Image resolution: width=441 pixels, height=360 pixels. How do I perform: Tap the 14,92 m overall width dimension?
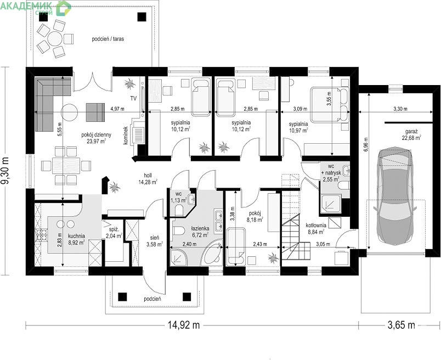pyautogui.click(x=184, y=325)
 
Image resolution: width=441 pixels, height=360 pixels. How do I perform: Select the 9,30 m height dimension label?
pyautogui.click(x=5, y=171)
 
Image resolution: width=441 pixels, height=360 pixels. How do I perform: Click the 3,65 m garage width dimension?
pyautogui.click(x=401, y=325)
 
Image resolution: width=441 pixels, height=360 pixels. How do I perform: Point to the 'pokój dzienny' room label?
pyautogui.click(x=96, y=135)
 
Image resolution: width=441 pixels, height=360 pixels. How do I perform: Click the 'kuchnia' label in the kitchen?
pyautogui.click(x=76, y=236)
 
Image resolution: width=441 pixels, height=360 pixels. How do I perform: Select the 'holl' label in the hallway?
pyautogui.click(x=148, y=176)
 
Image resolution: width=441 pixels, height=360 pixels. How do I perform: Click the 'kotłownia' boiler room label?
pyautogui.click(x=316, y=225)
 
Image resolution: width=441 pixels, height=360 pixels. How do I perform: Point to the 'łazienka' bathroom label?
pyautogui.click(x=200, y=228)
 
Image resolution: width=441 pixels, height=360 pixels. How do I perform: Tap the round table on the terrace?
pyautogui.click(x=54, y=38)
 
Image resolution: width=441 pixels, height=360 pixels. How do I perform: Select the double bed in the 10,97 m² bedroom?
pyautogui.click(x=330, y=105)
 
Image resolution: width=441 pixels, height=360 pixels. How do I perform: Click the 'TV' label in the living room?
pyautogui.click(x=133, y=98)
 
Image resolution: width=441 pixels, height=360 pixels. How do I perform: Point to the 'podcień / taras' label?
pyautogui.click(x=108, y=39)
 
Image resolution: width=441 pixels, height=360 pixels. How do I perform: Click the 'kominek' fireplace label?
pyautogui.click(x=126, y=136)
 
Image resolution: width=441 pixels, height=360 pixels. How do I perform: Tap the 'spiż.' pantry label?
pyautogui.click(x=110, y=229)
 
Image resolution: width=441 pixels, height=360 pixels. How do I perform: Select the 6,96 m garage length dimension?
pyautogui.click(x=365, y=145)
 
